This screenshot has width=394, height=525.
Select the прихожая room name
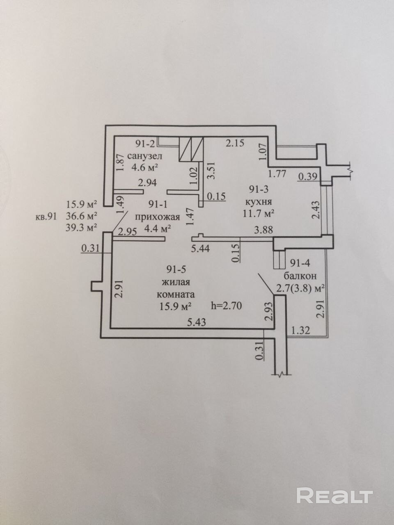(153, 217)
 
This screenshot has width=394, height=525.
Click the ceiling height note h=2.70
(227, 305)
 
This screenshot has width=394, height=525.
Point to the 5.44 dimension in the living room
(201, 248)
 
